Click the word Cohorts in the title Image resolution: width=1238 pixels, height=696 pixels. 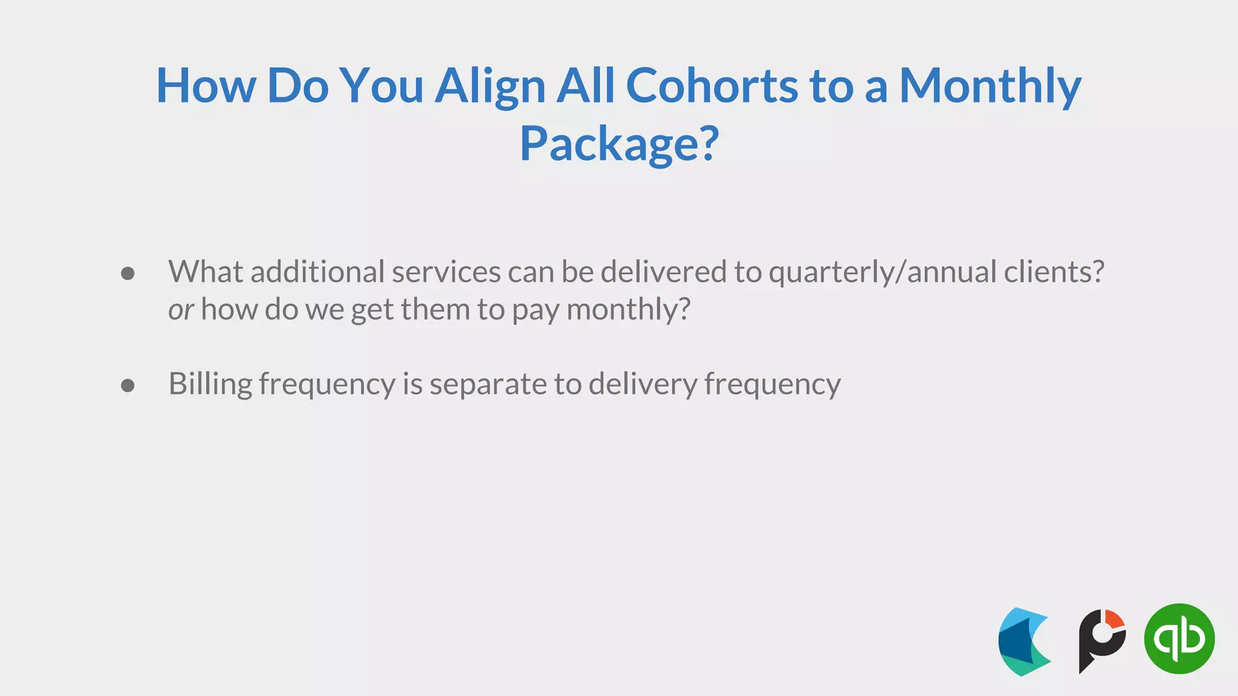pyautogui.click(x=711, y=86)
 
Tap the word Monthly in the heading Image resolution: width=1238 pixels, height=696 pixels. pyautogui.click(x=990, y=86)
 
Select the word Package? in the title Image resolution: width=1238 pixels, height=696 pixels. pyautogui.click(x=619, y=144)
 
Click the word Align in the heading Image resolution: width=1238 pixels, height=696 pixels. pyautogui.click(x=490, y=86)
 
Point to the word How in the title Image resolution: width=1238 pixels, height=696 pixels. pyautogui.click(x=206, y=86)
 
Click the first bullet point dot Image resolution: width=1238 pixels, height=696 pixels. pyautogui.click(x=128, y=274)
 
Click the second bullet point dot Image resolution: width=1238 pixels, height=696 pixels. pyautogui.click(x=128, y=385)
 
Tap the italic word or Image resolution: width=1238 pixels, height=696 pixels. pyautogui.click(x=180, y=311)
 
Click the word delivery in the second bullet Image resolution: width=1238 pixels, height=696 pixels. pyautogui.click(x=643, y=384)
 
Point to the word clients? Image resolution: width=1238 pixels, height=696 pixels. pyautogui.click(x=1054, y=272)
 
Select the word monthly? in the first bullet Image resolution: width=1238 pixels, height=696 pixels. pyautogui.click(x=628, y=311)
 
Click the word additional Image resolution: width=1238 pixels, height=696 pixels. pyautogui.click(x=317, y=272)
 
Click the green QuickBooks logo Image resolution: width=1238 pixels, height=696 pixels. pyautogui.click(x=1179, y=639)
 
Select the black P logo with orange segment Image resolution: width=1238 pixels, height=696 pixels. pyautogui.click(x=1101, y=640)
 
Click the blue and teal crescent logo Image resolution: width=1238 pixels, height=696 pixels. pyautogui.click(x=1024, y=642)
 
